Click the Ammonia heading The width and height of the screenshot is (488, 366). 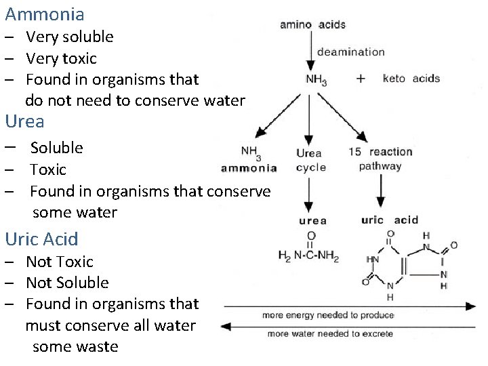(x=45, y=14)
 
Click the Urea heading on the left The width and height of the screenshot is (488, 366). (x=24, y=122)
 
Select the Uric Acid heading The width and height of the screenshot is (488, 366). (x=41, y=239)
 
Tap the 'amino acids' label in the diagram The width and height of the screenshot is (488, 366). (x=312, y=25)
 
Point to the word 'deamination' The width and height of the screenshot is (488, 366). (x=350, y=52)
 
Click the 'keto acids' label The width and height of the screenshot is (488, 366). (x=411, y=79)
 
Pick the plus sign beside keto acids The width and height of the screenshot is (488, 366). (x=361, y=79)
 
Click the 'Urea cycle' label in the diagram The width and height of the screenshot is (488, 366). (x=310, y=160)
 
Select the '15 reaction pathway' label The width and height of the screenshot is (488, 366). (x=380, y=159)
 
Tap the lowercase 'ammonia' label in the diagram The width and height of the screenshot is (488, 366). (x=249, y=168)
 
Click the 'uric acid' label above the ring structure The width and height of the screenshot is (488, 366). (x=390, y=220)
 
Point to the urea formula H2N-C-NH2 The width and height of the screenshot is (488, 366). (x=309, y=256)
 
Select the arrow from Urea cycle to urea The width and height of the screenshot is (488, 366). (x=310, y=195)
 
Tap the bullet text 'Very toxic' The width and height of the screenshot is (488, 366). (x=61, y=58)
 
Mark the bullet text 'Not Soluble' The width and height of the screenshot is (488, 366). (x=67, y=283)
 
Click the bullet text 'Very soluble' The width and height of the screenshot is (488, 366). (x=69, y=37)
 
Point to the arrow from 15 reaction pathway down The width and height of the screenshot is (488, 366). (x=380, y=190)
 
